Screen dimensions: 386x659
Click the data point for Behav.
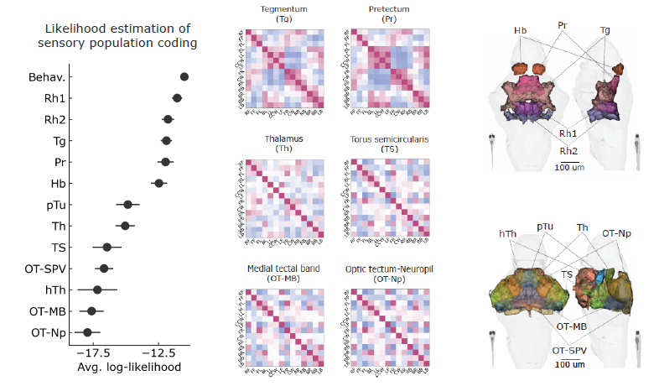(x=184, y=76)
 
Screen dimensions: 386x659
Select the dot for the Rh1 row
(x=177, y=98)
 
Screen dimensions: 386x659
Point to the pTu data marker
(x=127, y=204)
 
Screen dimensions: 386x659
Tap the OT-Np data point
(x=87, y=332)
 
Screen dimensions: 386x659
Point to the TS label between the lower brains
(x=568, y=274)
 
